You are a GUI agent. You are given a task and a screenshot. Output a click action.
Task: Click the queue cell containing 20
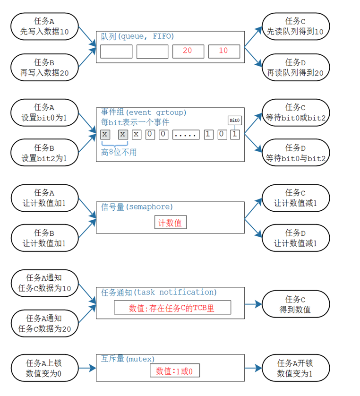188,51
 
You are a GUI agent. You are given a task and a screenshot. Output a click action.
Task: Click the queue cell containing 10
223,51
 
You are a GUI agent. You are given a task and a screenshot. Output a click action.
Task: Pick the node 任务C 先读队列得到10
295,26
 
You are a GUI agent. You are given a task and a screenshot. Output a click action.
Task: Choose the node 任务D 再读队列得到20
295,67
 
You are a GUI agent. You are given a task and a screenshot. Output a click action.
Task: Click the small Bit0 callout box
235,121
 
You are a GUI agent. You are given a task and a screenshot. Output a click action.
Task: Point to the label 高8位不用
119,152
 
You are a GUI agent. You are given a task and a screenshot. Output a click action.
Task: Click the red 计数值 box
170,223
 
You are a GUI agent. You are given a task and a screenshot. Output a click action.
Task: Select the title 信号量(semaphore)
137,207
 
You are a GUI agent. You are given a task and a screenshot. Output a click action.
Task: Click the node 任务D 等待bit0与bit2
295,152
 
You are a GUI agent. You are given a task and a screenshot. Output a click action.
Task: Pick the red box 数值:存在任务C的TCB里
172,308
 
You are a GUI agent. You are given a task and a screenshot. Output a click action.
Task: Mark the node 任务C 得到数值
295,304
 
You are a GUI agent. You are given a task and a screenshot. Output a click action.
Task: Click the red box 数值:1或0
174,371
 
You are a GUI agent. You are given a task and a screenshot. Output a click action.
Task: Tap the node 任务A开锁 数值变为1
295,369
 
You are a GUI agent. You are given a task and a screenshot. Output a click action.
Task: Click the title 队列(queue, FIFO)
137,36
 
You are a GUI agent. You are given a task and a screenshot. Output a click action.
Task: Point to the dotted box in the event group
186,134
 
